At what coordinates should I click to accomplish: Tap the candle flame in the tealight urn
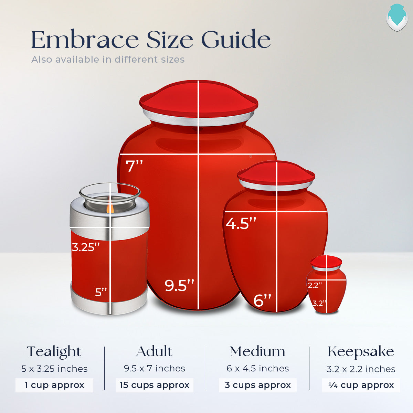coord(110,208)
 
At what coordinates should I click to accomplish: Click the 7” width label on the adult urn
coord(134,166)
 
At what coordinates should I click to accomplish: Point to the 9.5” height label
coord(179,285)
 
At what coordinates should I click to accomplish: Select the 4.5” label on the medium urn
coord(241,223)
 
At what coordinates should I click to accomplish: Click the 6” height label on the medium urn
coord(263,300)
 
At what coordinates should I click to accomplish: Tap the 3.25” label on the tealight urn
coord(86,247)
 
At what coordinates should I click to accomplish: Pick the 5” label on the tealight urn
coord(101,292)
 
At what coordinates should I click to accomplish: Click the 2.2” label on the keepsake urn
coord(315,285)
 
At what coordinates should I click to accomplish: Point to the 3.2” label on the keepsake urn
coord(319,303)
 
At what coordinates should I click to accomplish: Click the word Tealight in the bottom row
coord(54,352)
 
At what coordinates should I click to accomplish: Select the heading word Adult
coord(154,352)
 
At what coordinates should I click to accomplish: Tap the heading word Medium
coord(257,352)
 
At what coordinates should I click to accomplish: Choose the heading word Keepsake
coord(361,352)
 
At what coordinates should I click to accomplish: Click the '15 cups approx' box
coord(154,385)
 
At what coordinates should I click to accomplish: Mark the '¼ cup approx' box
coord(361,385)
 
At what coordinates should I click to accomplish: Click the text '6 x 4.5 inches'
coord(257,369)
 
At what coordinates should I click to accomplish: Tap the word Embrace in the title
coord(85,40)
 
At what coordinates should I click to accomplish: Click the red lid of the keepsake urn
coord(326,261)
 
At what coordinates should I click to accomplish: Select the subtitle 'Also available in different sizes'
coord(108,60)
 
